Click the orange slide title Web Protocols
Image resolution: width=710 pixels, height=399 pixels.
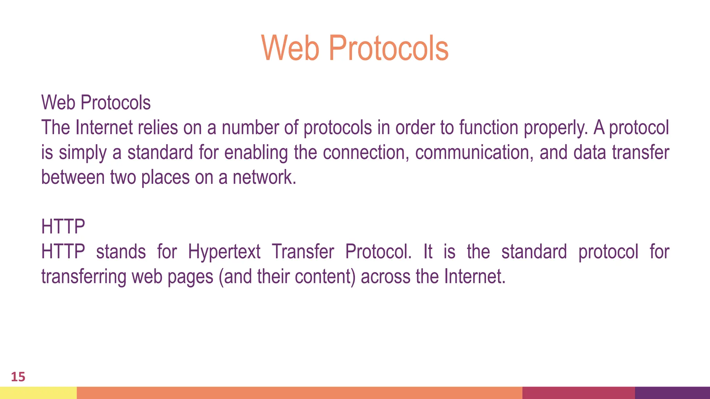355,48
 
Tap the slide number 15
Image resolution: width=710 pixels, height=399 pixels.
18,377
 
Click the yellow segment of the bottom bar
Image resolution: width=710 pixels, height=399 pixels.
38,393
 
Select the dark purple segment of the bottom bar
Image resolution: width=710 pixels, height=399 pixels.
672,393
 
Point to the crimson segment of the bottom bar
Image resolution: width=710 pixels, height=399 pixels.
578,393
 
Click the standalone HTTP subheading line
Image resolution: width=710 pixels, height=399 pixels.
63,227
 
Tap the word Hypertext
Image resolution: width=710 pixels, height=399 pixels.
224,252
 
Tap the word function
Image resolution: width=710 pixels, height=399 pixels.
489,127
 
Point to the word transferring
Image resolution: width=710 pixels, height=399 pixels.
84,277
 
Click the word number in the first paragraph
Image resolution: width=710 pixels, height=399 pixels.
250,127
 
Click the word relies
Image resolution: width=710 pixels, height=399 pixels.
158,127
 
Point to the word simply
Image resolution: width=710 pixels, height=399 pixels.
83,153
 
